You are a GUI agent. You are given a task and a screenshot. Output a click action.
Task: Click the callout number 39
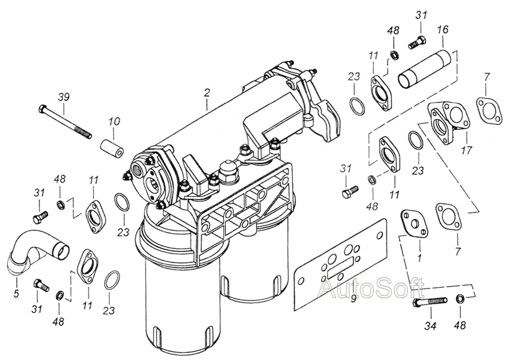64,97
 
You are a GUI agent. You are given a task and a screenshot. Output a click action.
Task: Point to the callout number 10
114,122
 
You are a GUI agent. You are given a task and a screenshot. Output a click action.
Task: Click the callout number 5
16,293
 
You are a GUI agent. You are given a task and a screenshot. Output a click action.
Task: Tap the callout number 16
443,30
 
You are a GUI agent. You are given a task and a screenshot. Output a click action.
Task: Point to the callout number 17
467,151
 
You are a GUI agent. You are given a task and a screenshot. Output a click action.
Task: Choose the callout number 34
430,325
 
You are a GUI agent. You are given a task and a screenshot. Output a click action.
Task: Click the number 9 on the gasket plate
353,299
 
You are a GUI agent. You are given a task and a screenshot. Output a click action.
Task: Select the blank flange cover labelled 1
413,224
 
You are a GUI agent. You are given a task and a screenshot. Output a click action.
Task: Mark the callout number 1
419,257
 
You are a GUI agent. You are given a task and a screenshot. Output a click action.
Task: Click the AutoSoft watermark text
372,288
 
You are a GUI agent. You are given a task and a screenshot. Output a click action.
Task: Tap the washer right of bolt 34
460,299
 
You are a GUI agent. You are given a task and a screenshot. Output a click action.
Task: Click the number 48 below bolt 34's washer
460,325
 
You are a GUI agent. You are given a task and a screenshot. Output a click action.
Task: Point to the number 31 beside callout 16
421,15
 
